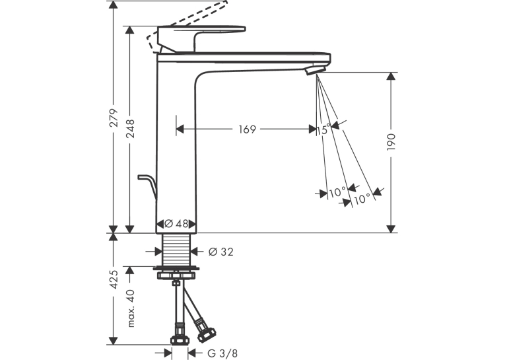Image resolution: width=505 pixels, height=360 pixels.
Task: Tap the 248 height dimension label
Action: (x=130, y=129)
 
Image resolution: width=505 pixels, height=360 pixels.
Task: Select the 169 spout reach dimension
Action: (x=248, y=129)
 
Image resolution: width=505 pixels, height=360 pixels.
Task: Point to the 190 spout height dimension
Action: (x=391, y=142)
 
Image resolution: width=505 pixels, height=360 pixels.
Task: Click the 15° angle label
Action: (x=323, y=129)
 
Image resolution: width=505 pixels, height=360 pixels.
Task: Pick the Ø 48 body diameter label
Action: (x=176, y=223)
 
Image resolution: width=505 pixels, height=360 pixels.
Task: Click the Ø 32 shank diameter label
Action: (x=221, y=252)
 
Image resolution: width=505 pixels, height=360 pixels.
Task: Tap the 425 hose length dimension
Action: (x=114, y=280)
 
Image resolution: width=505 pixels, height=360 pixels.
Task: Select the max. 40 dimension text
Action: (x=130, y=308)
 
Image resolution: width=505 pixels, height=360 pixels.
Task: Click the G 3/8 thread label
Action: (x=222, y=353)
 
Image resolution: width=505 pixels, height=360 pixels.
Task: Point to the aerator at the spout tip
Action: (x=316, y=69)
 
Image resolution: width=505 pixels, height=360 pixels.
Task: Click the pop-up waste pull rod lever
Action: (x=147, y=186)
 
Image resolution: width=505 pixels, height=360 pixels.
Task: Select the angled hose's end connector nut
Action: (x=206, y=334)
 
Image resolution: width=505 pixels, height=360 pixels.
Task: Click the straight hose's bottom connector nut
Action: (x=180, y=340)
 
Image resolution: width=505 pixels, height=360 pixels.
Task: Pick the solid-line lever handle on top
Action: (x=201, y=39)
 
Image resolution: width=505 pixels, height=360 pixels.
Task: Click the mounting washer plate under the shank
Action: (x=176, y=268)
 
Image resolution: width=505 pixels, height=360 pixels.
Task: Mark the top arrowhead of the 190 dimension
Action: (x=391, y=77)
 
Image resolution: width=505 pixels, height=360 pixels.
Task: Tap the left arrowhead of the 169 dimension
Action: (x=180, y=129)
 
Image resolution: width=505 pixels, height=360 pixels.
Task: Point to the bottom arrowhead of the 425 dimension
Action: (x=113, y=340)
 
